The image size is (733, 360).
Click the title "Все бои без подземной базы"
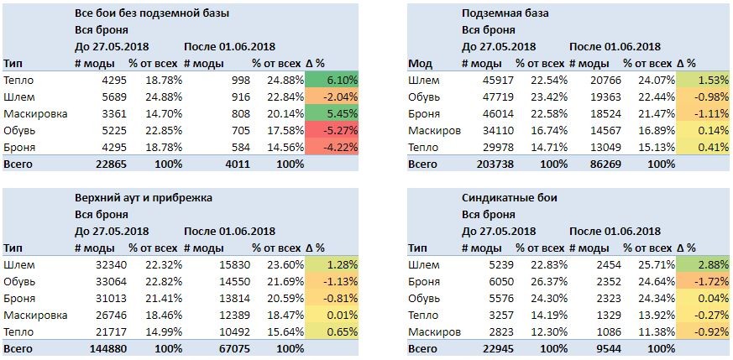pyautogui.click(x=152, y=13)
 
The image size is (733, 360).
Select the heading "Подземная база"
pyautogui.click(x=505, y=13)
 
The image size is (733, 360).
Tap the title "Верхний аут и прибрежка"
pyautogui.click(x=144, y=198)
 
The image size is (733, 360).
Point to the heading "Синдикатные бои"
pyautogui.click(x=509, y=198)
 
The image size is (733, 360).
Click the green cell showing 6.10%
pyautogui.click(x=332, y=81)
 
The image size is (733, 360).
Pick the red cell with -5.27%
pyautogui.click(x=332, y=131)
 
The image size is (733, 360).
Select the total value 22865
pyautogui.click(x=111, y=164)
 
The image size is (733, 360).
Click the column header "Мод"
pyautogui.click(x=421, y=64)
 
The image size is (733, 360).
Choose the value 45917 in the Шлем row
pyautogui.click(x=498, y=81)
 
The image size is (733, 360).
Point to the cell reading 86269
pyautogui.click(x=605, y=164)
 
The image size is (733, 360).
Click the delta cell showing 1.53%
pyautogui.click(x=703, y=81)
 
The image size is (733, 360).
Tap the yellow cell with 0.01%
pyautogui.click(x=332, y=316)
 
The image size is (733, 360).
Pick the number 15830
pyautogui.click(x=234, y=264)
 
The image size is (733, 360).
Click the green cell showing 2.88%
pyautogui.click(x=703, y=264)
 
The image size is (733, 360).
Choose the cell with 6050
pyautogui.click(x=500, y=282)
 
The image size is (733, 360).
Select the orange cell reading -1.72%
pyautogui.click(x=703, y=282)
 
